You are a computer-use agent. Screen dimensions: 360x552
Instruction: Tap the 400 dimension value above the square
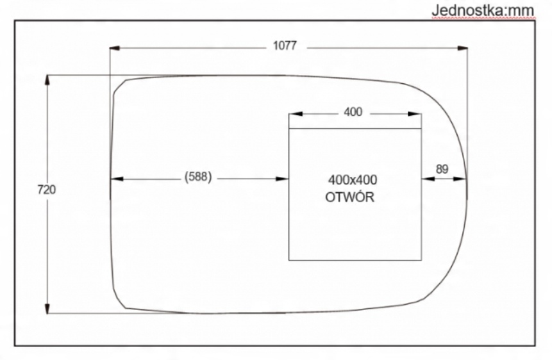click(353, 112)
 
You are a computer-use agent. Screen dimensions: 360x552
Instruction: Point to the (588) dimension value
click(197, 178)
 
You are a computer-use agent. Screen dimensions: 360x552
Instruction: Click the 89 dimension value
click(442, 169)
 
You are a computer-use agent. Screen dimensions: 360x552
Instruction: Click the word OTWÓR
click(349, 197)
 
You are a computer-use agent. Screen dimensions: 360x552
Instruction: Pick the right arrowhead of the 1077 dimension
click(463, 47)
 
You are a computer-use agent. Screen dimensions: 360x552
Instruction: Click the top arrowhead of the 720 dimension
click(47, 79)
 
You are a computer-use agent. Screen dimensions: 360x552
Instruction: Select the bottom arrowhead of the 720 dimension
click(47, 309)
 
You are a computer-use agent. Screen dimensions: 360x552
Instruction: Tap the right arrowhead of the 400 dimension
click(417, 113)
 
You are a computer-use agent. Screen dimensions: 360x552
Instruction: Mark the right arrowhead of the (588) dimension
click(285, 179)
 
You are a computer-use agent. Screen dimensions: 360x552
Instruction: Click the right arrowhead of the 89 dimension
click(462, 179)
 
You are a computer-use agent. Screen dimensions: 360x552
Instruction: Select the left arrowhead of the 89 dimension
click(426, 179)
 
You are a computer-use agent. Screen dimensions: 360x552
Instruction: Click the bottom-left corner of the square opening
click(289, 260)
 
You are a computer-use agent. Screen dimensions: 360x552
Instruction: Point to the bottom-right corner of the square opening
click(421, 260)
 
